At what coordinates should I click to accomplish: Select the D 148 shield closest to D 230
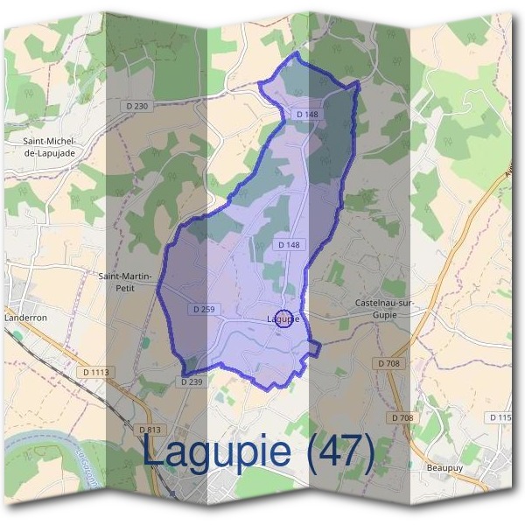tap(306, 114)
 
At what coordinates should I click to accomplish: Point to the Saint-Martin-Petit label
tap(128, 281)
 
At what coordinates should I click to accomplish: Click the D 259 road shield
tap(202, 310)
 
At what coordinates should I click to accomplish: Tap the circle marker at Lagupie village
tap(283, 319)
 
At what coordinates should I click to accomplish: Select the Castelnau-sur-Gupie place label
tap(382, 308)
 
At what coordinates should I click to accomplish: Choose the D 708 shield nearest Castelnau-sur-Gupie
tap(390, 362)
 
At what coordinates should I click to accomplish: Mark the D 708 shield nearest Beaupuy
tap(402, 418)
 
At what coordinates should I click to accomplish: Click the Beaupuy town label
tap(443, 467)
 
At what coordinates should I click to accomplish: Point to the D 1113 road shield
tap(96, 372)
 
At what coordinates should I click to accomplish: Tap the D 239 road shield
tap(192, 381)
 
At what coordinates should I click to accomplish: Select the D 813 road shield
tap(150, 430)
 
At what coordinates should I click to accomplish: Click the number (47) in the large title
tap(335, 452)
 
